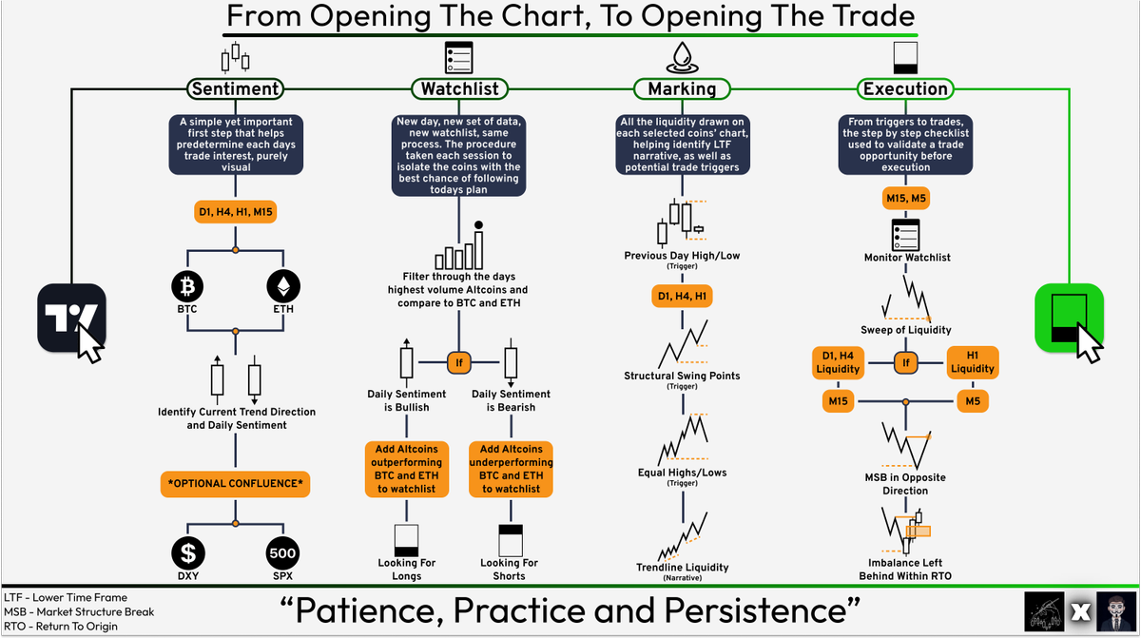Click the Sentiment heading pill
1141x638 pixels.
point(235,89)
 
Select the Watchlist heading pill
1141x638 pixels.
point(459,89)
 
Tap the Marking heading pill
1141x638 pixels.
point(682,89)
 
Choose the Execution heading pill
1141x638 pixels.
point(905,89)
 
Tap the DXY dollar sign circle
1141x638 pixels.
point(187,553)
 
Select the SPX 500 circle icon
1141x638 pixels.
point(283,553)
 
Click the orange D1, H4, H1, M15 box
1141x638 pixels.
point(235,211)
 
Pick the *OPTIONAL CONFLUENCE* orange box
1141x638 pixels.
point(235,483)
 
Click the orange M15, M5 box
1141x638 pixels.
point(905,198)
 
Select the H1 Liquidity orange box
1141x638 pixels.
point(973,362)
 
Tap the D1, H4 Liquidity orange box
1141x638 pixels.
point(838,362)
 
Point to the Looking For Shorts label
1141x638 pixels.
point(511,570)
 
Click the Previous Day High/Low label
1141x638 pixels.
point(682,256)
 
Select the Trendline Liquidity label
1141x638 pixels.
point(682,568)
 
